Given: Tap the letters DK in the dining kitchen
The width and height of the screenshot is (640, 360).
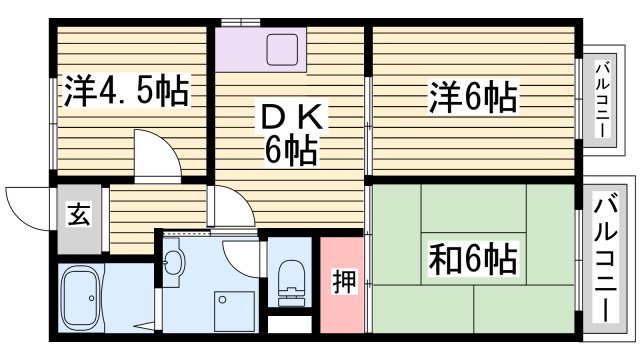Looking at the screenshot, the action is (291, 119).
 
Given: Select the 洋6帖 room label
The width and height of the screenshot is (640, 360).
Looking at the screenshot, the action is (473, 97).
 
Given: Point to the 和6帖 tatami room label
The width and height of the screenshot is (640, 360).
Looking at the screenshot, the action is (474, 260).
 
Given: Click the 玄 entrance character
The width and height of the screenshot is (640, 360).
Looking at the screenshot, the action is (78, 213).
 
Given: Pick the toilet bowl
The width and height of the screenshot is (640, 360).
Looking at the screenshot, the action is (291, 275).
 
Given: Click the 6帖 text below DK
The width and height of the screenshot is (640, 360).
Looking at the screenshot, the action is (291, 152).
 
